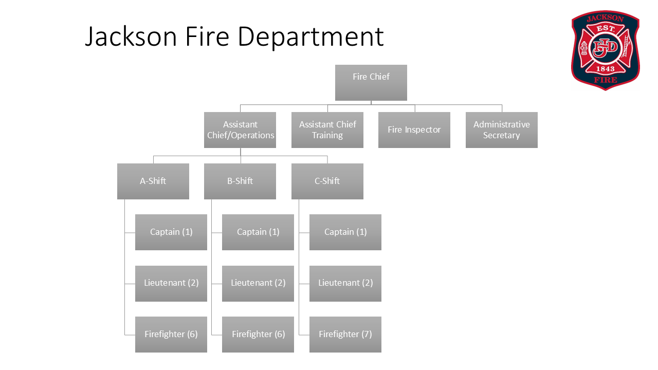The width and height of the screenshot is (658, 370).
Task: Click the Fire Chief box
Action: point(371,82)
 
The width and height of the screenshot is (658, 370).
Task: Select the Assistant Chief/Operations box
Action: point(240,130)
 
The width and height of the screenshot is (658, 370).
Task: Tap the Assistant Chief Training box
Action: point(327,130)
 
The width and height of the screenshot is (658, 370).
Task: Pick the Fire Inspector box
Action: point(414,130)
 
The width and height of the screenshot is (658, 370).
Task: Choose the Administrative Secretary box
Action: point(502,130)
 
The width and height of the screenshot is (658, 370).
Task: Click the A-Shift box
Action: point(153,181)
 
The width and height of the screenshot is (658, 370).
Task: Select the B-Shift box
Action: point(240,181)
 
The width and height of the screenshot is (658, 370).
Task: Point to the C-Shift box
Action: point(327,181)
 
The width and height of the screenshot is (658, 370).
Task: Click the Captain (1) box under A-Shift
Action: point(171,232)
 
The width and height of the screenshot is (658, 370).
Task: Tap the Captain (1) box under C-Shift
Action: point(345,232)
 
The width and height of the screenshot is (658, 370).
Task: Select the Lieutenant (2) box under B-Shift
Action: point(258,283)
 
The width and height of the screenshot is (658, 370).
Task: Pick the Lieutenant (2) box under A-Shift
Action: point(171,283)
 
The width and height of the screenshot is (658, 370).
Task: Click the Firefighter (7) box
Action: point(345,335)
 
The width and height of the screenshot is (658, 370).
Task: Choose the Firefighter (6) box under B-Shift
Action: point(258,335)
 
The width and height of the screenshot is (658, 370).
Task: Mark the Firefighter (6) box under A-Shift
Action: point(171,335)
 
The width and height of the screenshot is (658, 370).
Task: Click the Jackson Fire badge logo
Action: point(606,50)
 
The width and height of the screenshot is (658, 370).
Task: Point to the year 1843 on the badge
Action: point(605,69)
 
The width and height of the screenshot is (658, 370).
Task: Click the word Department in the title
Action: point(310,37)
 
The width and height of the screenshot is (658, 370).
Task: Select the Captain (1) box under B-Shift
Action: point(258,232)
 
